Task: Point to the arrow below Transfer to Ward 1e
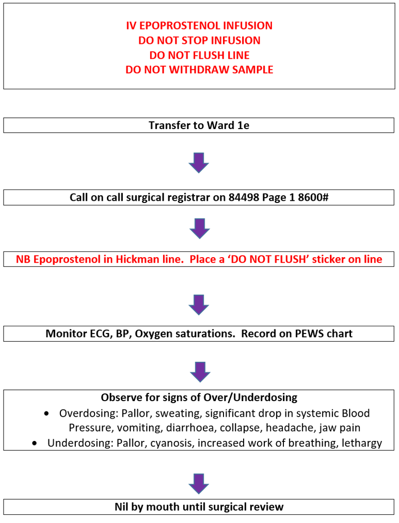coord(199,163)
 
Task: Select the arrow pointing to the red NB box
coord(199,228)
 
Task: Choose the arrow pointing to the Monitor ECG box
coord(199,305)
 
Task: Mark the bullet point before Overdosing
coord(47,414)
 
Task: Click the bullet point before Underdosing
coord(35,443)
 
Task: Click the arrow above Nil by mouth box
coord(199,484)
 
